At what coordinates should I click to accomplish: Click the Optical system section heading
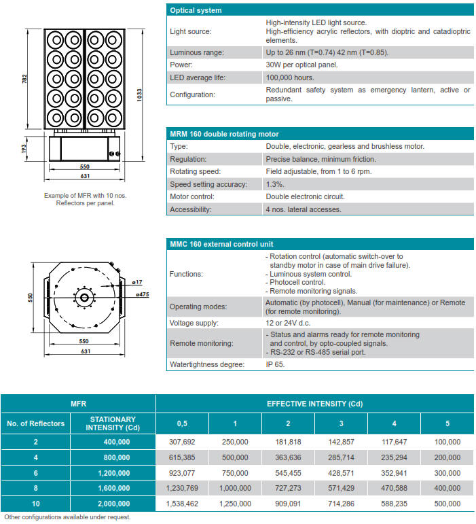pyautogui.click(x=196, y=10)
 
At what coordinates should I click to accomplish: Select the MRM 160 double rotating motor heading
pyautogui.click(x=223, y=134)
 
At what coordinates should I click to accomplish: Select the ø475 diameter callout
pyautogui.click(x=143, y=294)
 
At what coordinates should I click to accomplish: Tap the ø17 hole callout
pyautogui.click(x=137, y=281)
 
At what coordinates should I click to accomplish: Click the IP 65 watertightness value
pyautogui.click(x=275, y=364)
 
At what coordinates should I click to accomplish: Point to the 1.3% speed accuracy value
pyautogui.click(x=275, y=184)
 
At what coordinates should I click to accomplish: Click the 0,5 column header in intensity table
pyautogui.click(x=182, y=423)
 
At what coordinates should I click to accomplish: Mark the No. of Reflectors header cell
pyautogui.click(x=35, y=423)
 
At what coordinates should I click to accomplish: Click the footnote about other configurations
pyautogui.click(x=67, y=517)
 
